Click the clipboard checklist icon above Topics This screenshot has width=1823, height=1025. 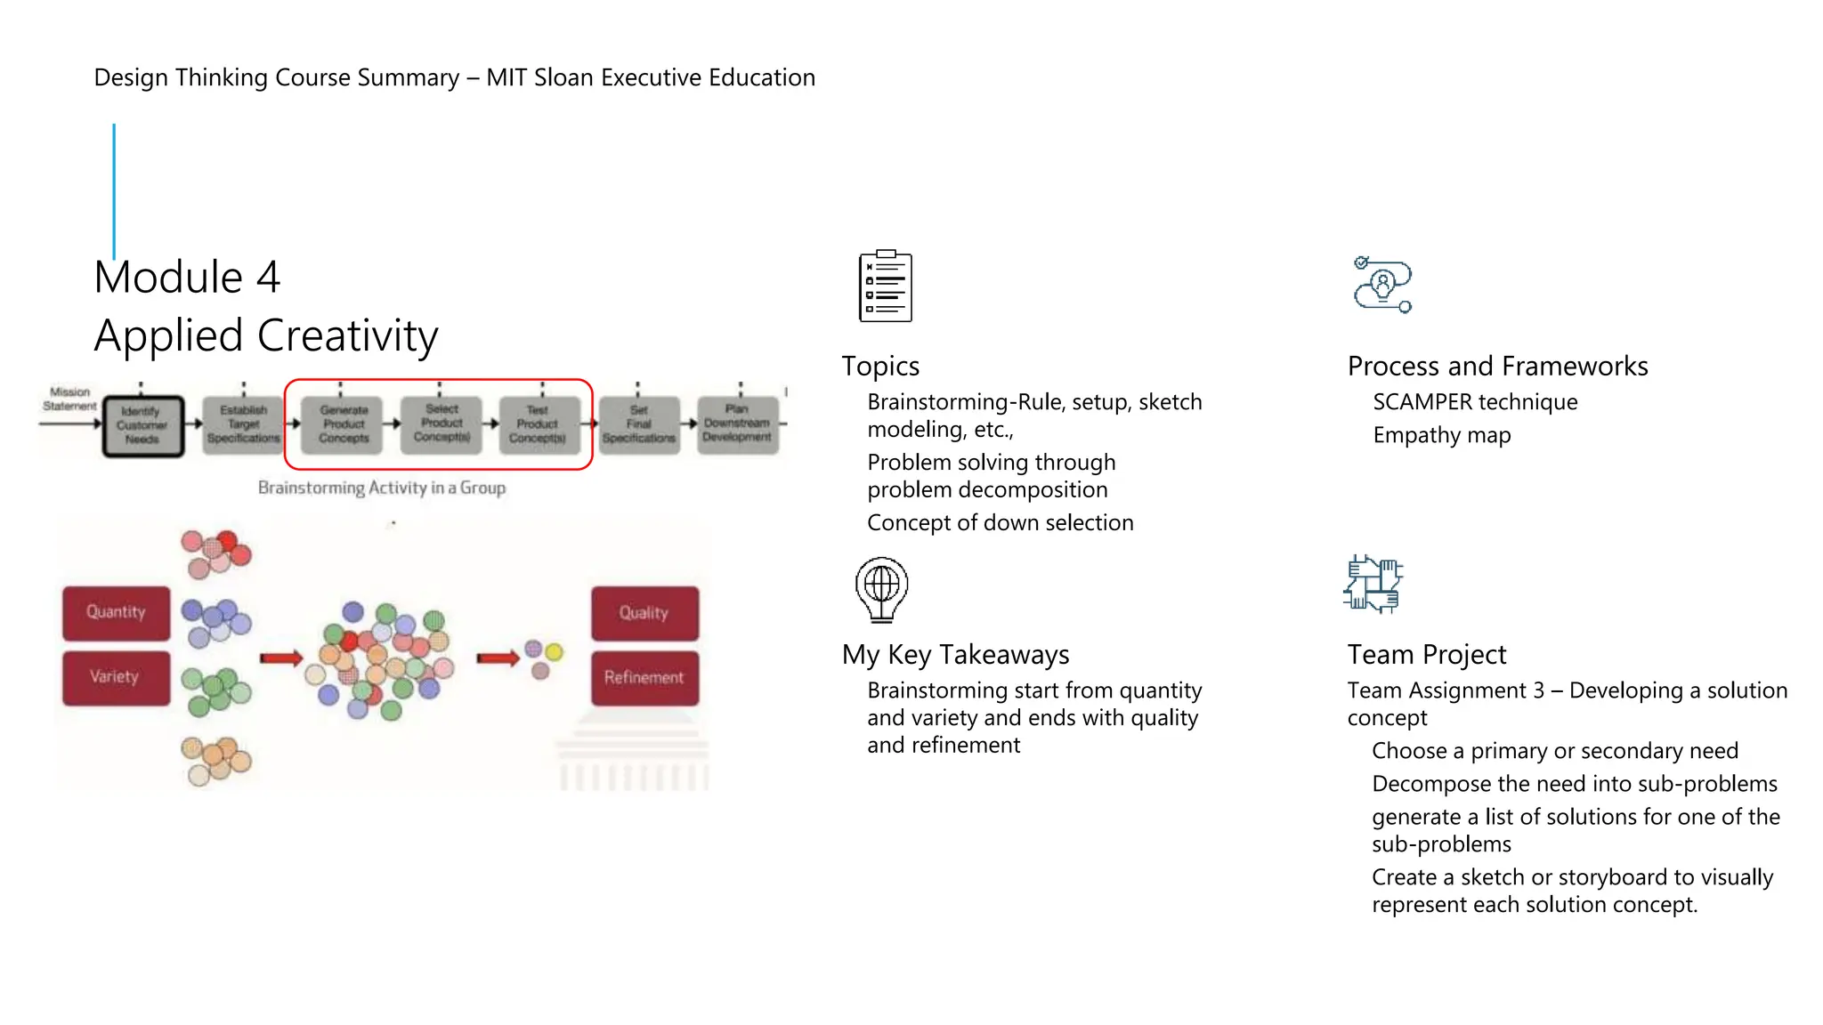[885, 286]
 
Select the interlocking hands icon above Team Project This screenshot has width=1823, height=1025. [1373, 584]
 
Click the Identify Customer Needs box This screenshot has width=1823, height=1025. [142, 425]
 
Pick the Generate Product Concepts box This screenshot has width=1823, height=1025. [344, 424]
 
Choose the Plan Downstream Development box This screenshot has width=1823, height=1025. [737, 424]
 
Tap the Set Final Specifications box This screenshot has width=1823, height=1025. [638, 424]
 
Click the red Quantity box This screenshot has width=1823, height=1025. [116, 612]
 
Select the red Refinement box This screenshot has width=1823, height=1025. [644, 677]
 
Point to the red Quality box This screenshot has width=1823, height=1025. [644, 612]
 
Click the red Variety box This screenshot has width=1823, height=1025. [116, 677]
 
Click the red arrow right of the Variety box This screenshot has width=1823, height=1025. [281, 658]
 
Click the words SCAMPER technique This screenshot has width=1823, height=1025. [1474, 402]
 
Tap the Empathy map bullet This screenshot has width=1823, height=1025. [1441, 435]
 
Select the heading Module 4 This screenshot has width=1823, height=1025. [188, 277]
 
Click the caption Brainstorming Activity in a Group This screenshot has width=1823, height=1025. [382, 488]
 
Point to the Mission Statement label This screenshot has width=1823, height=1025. [69, 399]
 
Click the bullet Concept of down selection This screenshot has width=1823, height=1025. [1000, 522]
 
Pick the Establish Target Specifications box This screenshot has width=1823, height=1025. [243, 424]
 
